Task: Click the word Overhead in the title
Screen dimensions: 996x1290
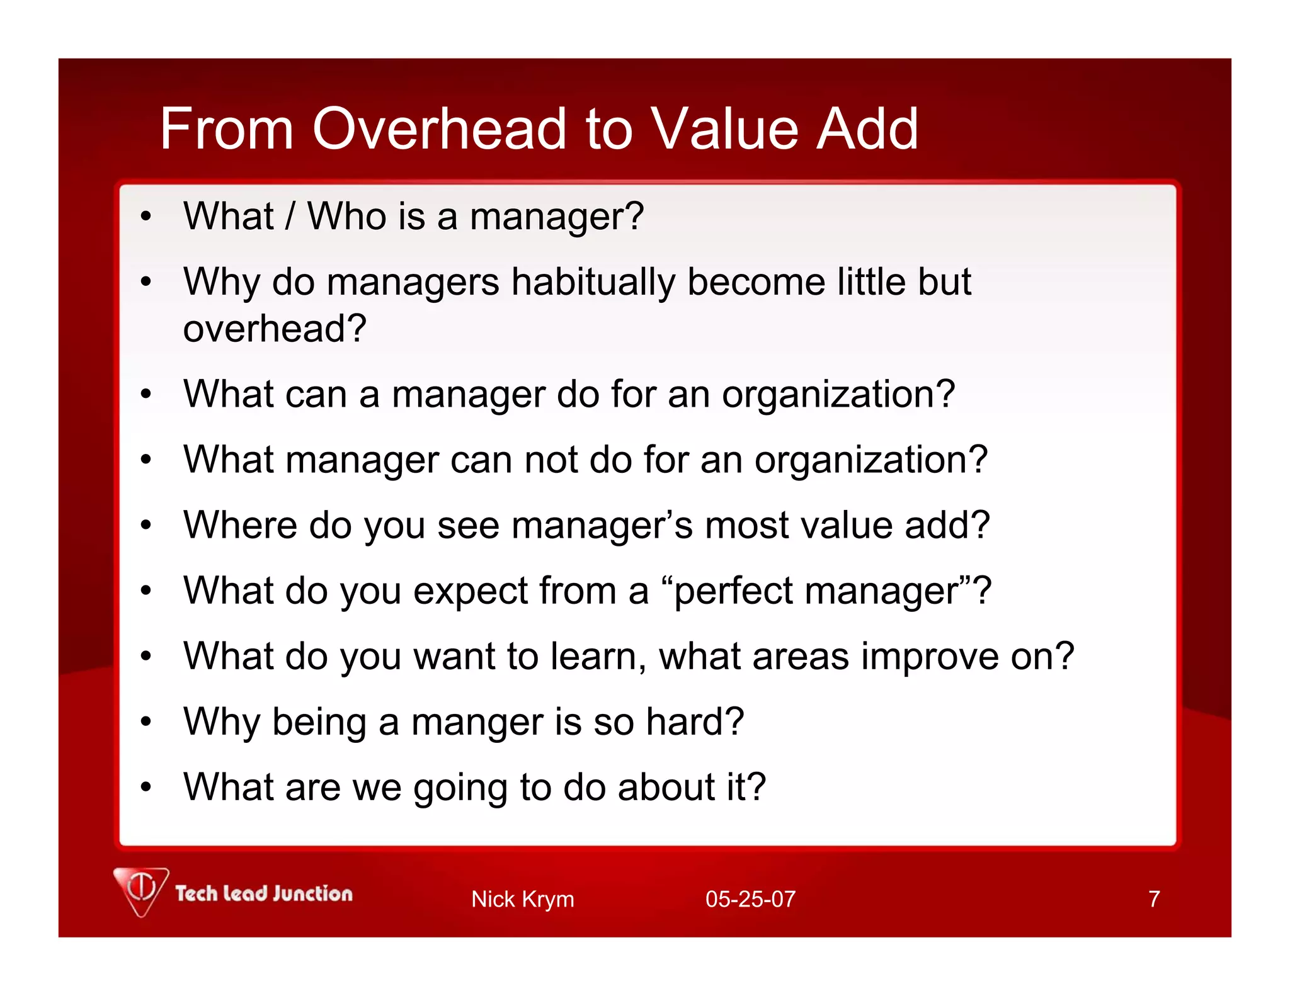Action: click(x=440, y=129)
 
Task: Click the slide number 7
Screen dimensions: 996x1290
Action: click(x=1153, y=899)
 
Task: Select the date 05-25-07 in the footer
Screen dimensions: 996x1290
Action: click(x=750, y=899)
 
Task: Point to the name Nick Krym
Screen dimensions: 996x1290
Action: click(x=522, y=899)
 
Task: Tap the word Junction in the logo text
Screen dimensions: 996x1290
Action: click(x=313, y=893)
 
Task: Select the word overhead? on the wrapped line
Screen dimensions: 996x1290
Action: click(x=275, y=329)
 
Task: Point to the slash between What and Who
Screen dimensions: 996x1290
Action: click(x=290, y=217)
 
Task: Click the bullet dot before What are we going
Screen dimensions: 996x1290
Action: click(x=146, y=787)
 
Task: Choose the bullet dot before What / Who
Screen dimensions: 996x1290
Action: click(x=146, y=217)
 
